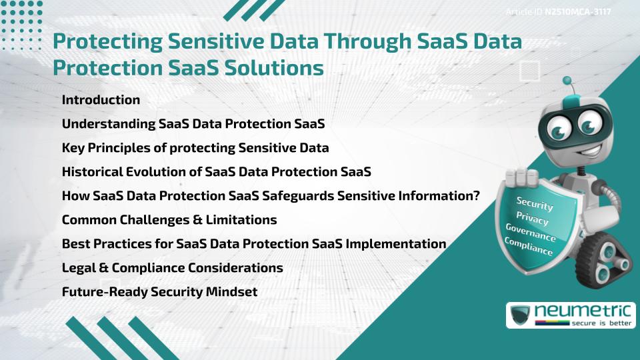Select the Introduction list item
pyautogui.click(x=101, y=100)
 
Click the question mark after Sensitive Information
pyautogui.click(x=476, y=196)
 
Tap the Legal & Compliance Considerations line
pyautogui.click(x=172, y=268)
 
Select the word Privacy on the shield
pyautogui.click(x=532, y=218)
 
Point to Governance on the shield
pyautogui.click(x=530, y=233)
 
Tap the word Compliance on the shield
pyautogui.click(x=529, y=247)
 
